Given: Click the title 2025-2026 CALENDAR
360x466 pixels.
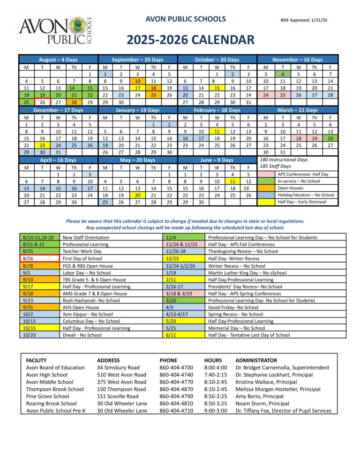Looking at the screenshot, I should coord(190,40).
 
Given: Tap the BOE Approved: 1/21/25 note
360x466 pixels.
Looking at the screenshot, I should coord(303,20).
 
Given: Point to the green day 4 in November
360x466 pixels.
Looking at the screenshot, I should coord(283,74).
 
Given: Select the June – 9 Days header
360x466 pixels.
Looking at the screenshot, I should coord(217,159).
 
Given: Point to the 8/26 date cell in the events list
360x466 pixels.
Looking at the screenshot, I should coord(38,258).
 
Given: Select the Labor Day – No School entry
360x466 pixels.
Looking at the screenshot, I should coord(87,272).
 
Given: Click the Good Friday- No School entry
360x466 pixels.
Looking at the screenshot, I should coord(233,308).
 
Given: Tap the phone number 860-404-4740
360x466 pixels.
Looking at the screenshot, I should coord(176,375).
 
